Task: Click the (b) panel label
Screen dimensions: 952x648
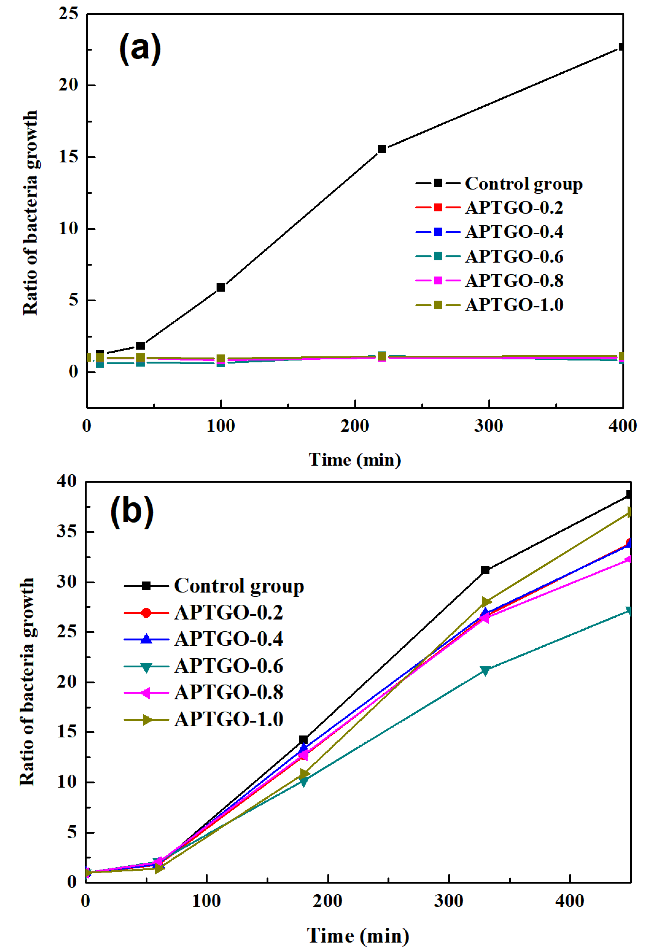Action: point(132,512)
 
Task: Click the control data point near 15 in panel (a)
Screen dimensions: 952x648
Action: point(382,149)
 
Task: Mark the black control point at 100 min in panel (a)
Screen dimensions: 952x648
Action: point(221,288)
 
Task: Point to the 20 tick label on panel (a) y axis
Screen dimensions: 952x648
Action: point(68,85)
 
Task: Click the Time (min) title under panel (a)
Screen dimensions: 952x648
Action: point(354,459)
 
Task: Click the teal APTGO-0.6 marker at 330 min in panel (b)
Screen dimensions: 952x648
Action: point(485,670)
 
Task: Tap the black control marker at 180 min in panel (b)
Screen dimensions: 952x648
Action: point(303,740)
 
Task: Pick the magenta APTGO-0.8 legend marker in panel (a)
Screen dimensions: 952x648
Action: point(438,281)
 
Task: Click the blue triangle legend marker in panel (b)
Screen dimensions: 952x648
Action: point(146,639)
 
